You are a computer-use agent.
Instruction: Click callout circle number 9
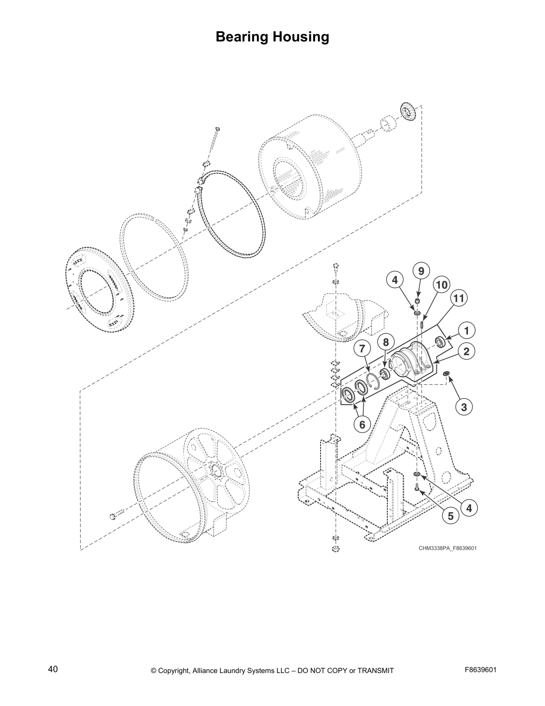tap(421, 271)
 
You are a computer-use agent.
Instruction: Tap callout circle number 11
tap(459, 298)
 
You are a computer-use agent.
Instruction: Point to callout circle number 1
tap(466, 331)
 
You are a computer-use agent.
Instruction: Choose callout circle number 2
tap(466, 351)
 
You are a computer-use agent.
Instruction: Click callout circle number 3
tap(464, 406)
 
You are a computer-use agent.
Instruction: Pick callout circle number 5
tap(451, 516)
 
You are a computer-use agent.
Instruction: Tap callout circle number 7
tap(362, 348)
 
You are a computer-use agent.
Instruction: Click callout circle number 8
tap(386, 342)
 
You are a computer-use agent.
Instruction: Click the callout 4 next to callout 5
tap(469, 507)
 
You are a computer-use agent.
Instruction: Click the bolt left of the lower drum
tap(114, 516)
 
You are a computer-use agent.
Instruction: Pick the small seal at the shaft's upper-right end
tap(407, 111)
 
